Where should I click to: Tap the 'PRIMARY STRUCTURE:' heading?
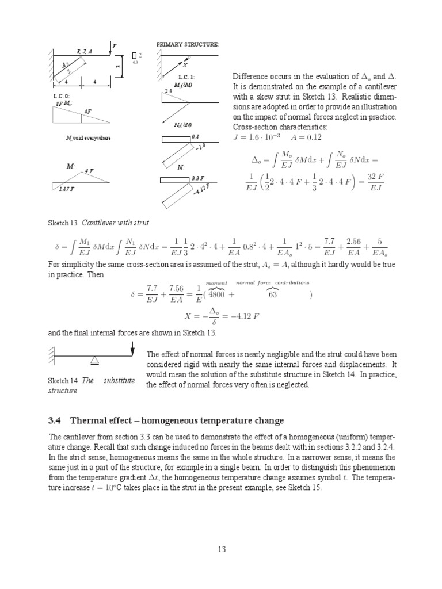coord(180,44)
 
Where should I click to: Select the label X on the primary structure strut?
coord(185,66)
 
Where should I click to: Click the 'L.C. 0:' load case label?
coord(54,96)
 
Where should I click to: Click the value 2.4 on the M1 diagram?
coord(169,91)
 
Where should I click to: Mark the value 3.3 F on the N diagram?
coord(198,178)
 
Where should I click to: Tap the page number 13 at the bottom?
coord(222,549)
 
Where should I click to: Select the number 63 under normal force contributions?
coord(273,294)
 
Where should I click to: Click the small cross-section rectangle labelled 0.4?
coord(134,55)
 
